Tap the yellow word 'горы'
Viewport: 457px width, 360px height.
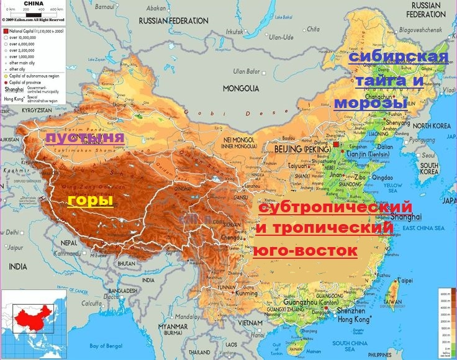pyautogui.click(x=90, y=200)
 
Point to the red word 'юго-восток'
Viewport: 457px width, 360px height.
pyautogui.click(x=306, y=251)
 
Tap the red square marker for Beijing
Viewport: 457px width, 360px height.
pyautogui.click(x=337, y=144)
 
